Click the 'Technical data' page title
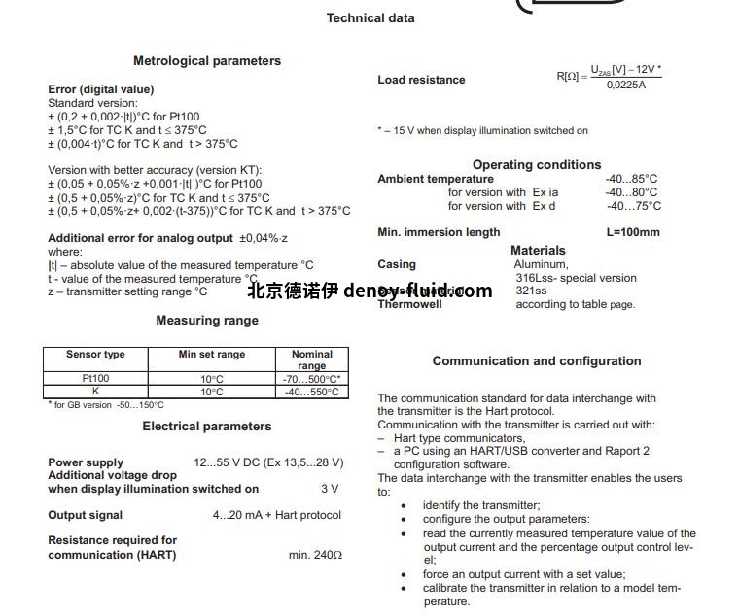pyautogui.click(x=370, y=17)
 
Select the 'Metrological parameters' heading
pyautogui.click(x=207, y=60)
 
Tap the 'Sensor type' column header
pyautogui.click(x=95, y=355)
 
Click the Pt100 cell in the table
pyautogui.click(x=95, y=378)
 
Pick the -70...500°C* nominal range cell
pyautogui.click(x=311, y=378)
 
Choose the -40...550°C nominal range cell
pyautogui.click(x=311, y=392)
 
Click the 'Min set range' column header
pyautogui.click(x=211, y=355)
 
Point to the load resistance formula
pyautogui.click(x=609, y=77)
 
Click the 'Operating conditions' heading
pyautogui.click(x=537, y=164)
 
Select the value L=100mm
pyautogui.click(x=632, y=232)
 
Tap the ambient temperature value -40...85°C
pyautogui.click(x=631, y=179)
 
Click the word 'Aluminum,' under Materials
pyautogui.click(x=542, y=264)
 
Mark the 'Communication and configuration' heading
pyautogui.click(x=537, y=360)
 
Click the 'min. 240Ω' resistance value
pyautogui.click(x=315, y=555)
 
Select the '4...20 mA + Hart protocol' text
pyautogui.click(x=277, y=515)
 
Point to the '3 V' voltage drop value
pyautogui.click(x=330, y=489)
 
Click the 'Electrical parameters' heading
pyautogui.click(x=207, y=426)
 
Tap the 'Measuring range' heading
pyautogui.click(x=207, y=320)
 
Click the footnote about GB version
pyautogui.click(x=106, y=405)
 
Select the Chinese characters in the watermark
pyautogui.click(x=291, y=291)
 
